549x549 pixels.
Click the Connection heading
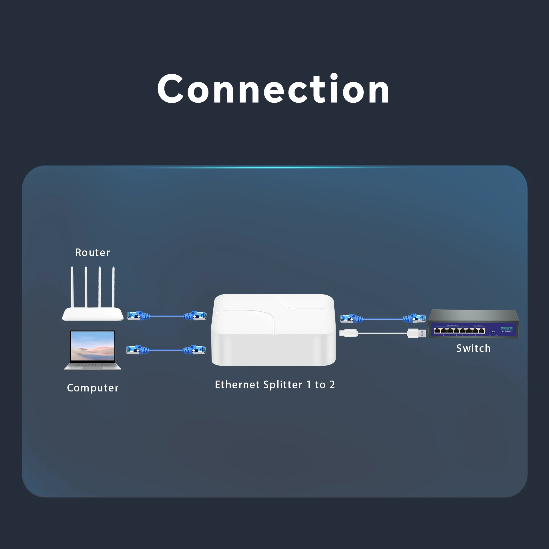coord(273,89)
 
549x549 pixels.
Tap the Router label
coord(93,253)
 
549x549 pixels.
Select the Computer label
coord(93,388)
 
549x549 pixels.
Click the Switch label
coord(473,349)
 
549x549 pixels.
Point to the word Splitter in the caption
coord(283,385)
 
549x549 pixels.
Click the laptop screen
coord(93,346)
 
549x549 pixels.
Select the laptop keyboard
coord(93,366)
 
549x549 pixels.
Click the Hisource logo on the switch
coord(506,328)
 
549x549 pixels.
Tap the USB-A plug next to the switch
coord(416,333)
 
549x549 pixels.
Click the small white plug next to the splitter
coord(349,333)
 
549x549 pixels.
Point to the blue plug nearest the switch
coord(413,318)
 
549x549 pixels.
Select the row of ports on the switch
coord(459,331)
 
